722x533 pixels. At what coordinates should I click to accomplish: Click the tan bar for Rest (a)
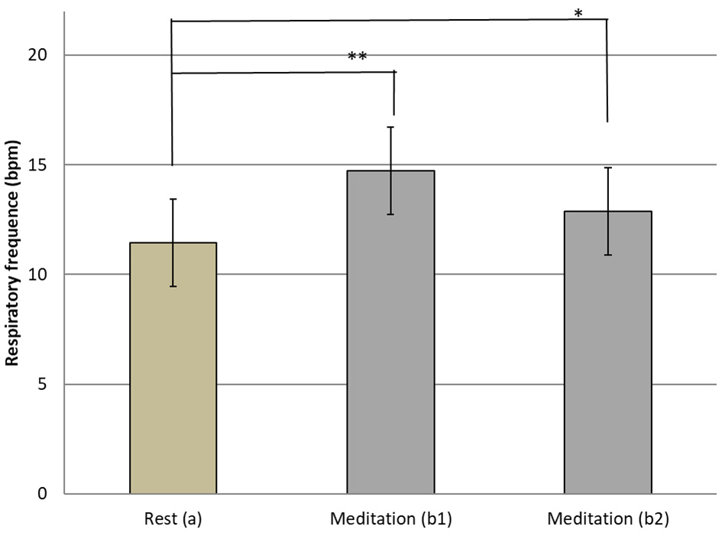(173, 382)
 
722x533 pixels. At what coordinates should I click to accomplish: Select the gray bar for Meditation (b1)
(390, 344)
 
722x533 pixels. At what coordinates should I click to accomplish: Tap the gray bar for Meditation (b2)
(607, 359)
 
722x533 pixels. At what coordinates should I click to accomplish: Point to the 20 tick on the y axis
(41, 56)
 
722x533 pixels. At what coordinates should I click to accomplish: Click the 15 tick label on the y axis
(41, 165)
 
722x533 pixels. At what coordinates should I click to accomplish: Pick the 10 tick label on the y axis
(41, 275)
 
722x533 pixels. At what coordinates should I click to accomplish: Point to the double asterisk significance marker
(357, 57)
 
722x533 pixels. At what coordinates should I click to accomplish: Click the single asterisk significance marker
(578, 13)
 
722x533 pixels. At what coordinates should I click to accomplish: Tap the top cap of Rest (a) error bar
(173, 199)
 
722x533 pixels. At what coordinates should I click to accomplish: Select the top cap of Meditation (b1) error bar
(390, 127)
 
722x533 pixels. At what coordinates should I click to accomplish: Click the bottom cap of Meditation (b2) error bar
(607, 255)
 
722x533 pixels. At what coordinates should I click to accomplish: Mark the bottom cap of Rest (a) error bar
(173, 286)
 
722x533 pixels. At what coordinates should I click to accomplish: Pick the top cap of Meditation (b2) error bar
(607, 167)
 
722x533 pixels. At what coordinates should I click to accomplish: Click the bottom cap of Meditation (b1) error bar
(390, 214)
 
